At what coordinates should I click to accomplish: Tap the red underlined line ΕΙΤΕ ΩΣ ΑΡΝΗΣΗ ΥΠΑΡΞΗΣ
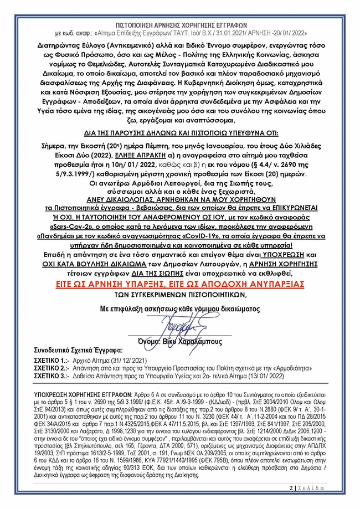click(179, 283)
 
